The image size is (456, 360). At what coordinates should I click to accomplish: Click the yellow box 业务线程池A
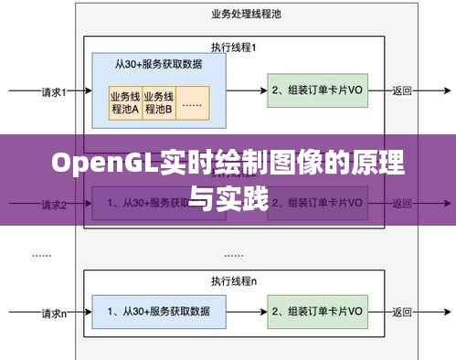124,102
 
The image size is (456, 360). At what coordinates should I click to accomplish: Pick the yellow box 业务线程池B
158,102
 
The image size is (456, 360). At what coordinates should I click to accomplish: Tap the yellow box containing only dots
192,102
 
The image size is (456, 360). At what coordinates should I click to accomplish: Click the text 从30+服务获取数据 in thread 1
158,65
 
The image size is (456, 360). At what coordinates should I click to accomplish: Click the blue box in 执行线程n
158,311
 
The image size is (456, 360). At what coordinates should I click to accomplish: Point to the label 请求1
54,90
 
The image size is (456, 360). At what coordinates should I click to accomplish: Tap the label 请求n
54,312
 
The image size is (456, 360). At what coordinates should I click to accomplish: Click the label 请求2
54,204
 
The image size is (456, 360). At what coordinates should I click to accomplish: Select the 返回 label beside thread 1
402,90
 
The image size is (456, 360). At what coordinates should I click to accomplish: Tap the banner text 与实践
228,196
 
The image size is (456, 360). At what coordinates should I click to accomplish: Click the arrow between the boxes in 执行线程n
246,311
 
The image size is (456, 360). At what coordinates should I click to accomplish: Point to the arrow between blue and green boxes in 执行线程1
246,90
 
